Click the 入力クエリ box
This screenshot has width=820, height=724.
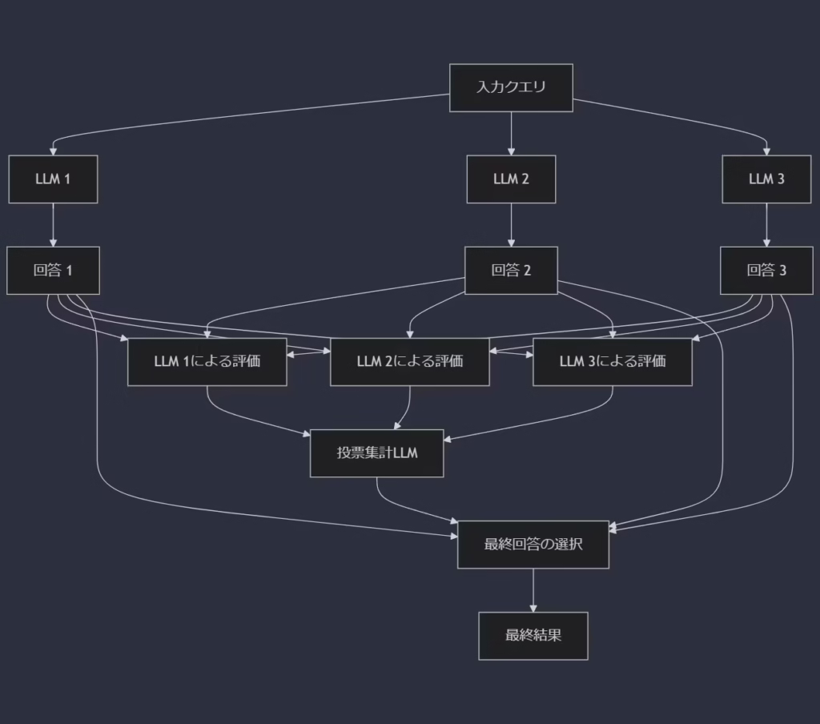[511, 87]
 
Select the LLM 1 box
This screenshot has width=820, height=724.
[53, 179]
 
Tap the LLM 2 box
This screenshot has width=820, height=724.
[511, 179]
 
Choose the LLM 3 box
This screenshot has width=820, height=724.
[766, 179]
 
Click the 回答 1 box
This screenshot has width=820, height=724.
[53, 270]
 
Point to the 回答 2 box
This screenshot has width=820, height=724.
[511, 270]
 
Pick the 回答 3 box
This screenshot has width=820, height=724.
[766, 270]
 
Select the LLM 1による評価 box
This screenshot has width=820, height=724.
[207, 361]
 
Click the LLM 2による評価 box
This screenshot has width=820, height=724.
[409, 361]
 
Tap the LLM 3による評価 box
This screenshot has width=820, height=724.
[612, 361]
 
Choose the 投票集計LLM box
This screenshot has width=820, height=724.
[376, 453]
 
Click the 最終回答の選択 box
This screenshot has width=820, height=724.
[533, 545]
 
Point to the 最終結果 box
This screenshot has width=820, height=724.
[533, 636]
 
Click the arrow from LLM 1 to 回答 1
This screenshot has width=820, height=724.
[53, 224]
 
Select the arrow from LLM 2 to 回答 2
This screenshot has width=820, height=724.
[511, 224]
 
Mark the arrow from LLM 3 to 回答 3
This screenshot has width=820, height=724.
[766, 224]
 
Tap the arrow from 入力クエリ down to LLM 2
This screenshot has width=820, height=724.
[511, 133]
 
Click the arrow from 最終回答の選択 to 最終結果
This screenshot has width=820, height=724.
[533, 590]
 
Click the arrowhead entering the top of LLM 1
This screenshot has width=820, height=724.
[53, 151]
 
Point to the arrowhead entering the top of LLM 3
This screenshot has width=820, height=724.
[766, 151]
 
